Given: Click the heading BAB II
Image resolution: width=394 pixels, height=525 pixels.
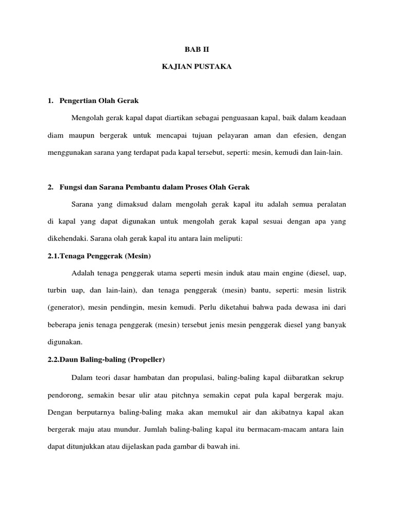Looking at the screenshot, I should coord(197,50).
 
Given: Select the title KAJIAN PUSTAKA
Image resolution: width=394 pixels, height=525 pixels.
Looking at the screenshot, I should coord(197,67).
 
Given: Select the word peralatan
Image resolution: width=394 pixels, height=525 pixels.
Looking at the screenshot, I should coord(328,204).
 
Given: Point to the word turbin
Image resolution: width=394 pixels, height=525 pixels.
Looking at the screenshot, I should coord(57,290).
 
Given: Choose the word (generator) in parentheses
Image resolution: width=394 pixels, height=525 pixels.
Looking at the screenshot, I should coord(66,308).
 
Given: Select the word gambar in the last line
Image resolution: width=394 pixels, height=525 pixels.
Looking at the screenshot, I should coord(174,447).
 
